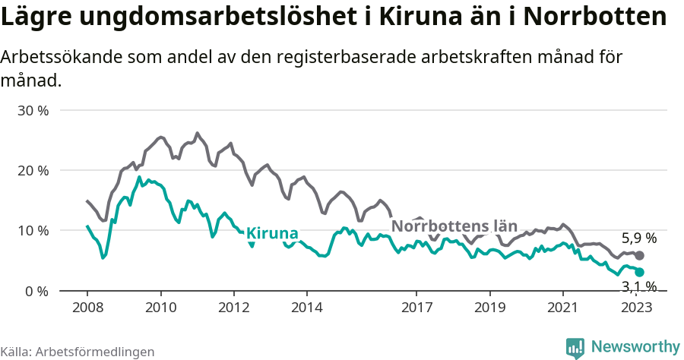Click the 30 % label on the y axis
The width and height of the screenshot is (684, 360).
(33, 110)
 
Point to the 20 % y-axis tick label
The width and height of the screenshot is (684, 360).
(33, 170)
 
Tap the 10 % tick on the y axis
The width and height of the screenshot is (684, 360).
(33, 231)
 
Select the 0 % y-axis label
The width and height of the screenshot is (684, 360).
(36, 291)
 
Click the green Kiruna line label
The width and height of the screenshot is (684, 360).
(272, 234)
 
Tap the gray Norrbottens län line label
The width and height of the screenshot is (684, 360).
(454, 226)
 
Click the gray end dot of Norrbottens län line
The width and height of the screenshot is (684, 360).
(639, 256)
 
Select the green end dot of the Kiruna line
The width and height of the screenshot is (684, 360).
(639, 272)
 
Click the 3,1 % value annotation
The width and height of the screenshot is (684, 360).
(639, 286)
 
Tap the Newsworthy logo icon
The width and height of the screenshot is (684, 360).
(575, 348)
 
